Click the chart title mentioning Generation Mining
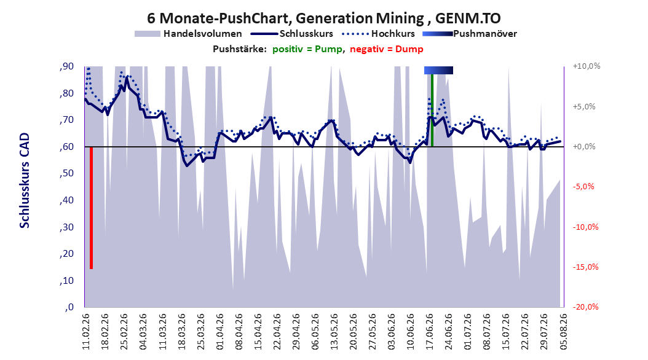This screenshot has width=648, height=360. tap(323, 18)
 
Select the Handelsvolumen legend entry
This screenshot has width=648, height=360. tap(189, 34)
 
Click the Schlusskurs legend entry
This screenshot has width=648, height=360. tap(292, 34)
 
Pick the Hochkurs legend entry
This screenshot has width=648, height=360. tap(379, 34)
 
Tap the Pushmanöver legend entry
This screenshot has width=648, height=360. tap(470, 34)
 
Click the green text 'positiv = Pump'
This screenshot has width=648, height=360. tap(307, 49)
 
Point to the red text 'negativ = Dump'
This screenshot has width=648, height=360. tap(387, 49)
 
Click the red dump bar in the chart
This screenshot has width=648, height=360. tap(92, 208)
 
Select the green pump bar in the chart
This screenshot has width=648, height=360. tap(432, 110)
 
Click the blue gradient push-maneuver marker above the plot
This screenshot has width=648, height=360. tap(438, 71)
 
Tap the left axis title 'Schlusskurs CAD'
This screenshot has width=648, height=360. tap(25, 181)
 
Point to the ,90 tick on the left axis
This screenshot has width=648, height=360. tap(66, 66)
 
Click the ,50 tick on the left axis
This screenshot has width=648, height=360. tap(66, 173)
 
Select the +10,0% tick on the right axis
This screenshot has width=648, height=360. tap(587, 66)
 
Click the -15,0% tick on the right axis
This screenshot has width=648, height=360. tap(585, 267)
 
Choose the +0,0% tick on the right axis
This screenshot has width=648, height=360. tap(584, 147)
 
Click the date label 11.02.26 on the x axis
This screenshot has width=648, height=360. tap(86, 332)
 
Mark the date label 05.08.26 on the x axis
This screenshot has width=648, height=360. tap(563, 332)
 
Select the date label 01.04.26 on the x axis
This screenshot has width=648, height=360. tap(220, 332)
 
